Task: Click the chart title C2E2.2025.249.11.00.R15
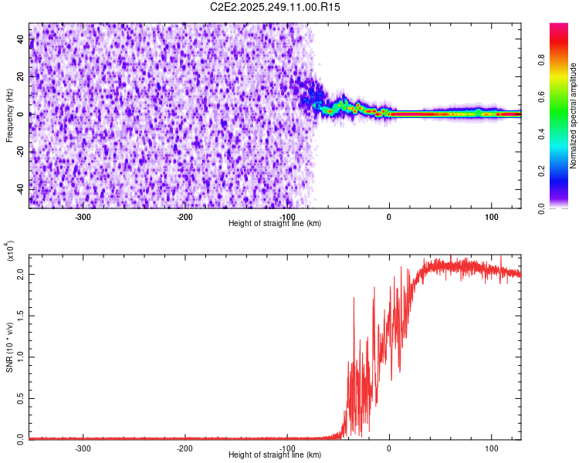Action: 276,7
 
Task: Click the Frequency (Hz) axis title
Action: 9,115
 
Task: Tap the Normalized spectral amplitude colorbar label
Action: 573,116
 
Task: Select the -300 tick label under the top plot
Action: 83,216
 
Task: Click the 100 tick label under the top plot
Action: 491,216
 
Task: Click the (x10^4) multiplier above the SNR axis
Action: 11,251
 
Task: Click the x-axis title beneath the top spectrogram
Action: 275,223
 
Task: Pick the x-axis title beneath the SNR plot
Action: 275,455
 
